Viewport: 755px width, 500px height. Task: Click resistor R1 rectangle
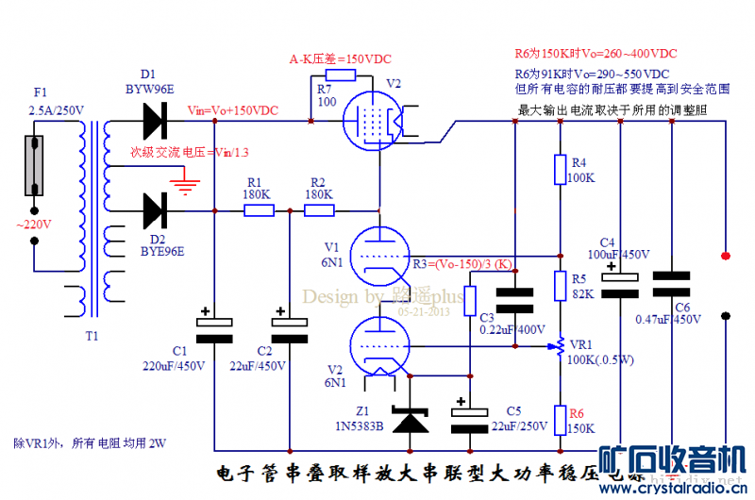[258, 210]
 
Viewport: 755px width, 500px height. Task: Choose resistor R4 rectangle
[560, 171]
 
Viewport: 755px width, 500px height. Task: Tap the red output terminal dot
[725, 256]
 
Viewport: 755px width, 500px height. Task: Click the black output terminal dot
[725, 317]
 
